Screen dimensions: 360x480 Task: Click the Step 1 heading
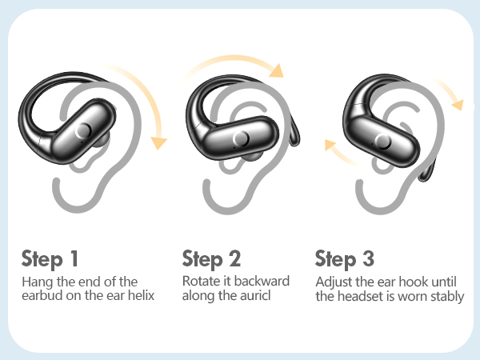tap(50, 259)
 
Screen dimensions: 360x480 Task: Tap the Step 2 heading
tap(211, 259)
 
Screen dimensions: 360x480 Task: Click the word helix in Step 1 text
tap(141, 296)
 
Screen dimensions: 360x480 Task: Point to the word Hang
tap(37, 282)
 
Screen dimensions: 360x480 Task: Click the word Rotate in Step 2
tap(201, 282)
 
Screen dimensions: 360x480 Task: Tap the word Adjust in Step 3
tap(334, 282)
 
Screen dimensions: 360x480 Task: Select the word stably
tap(446, 296)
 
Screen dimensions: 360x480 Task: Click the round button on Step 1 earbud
tap(82, 132)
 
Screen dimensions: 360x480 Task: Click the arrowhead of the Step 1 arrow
tap(161, 143)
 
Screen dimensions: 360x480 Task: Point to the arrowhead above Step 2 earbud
tap(276, 70)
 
